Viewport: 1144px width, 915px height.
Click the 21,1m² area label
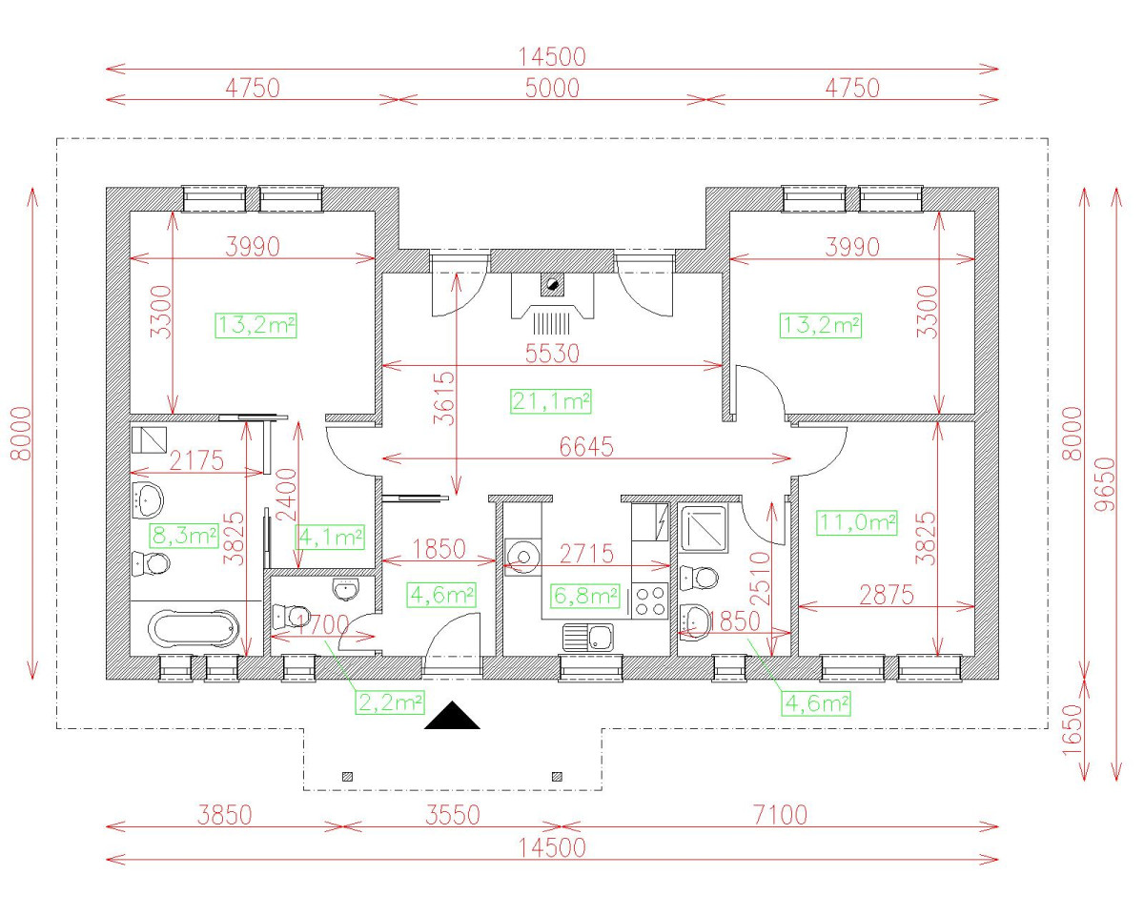pos(551,401)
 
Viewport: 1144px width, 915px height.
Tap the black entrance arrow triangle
pos(452,717)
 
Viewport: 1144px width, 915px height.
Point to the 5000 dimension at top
pos(553,88)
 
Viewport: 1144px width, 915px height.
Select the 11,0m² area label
pos(857,522)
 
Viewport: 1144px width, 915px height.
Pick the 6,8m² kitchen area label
pos(585,597)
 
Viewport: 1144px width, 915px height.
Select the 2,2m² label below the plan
pos(390,703)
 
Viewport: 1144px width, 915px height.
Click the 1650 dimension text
pos(1074,730)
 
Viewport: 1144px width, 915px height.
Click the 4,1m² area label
pos(331,537)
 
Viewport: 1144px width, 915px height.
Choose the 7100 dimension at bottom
pos(779,815)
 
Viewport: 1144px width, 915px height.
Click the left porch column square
pos(347,776)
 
